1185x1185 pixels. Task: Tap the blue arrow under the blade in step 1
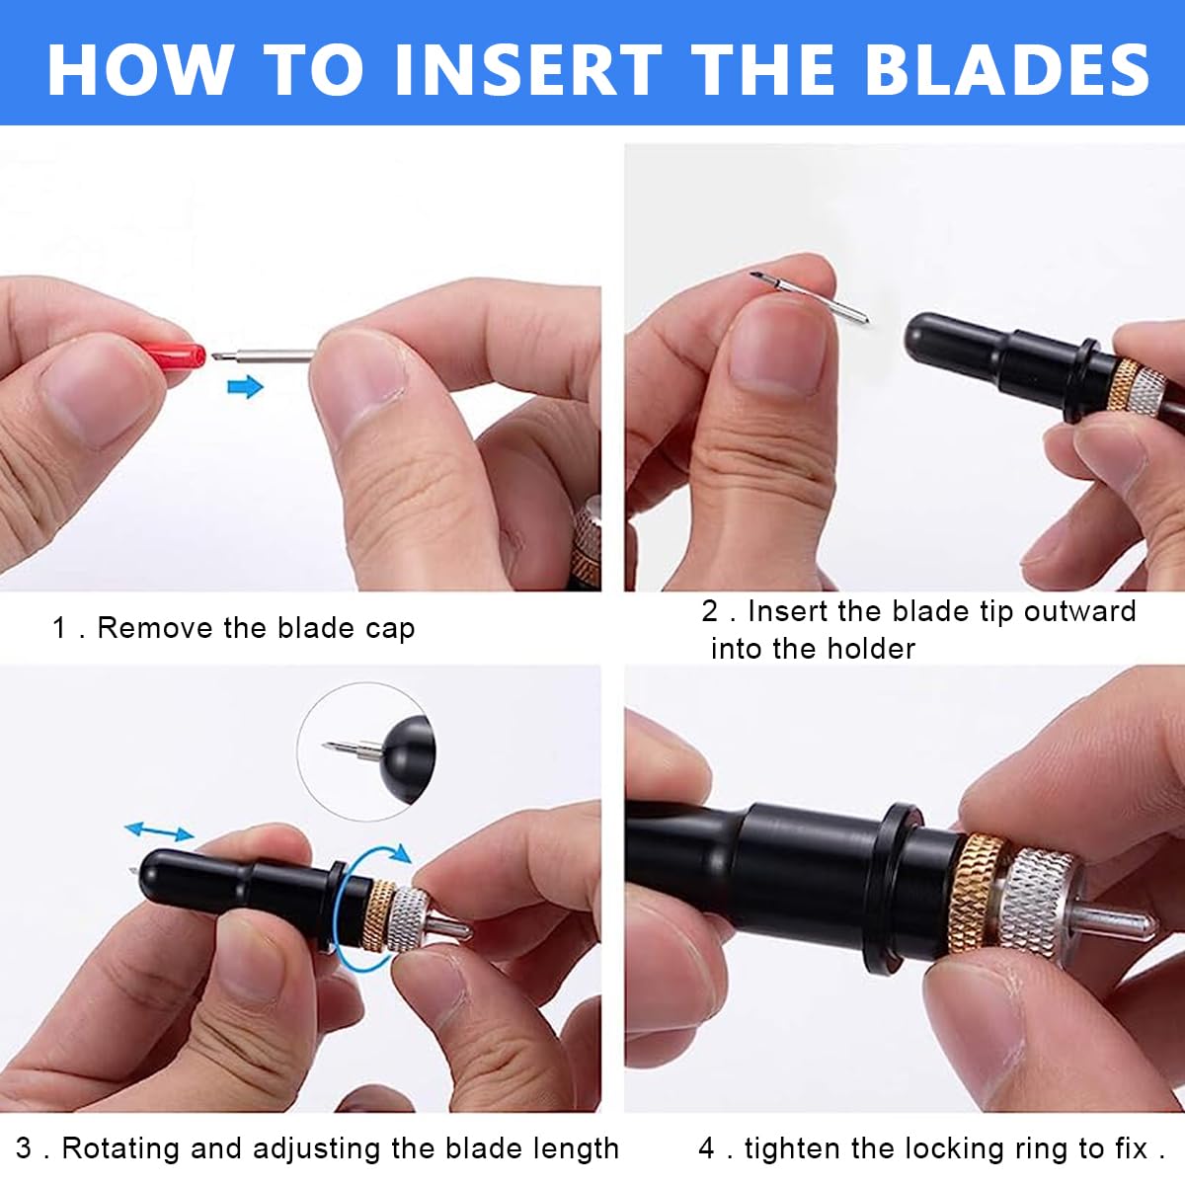tap(245, 387)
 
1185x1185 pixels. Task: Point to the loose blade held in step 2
tap(810, 296)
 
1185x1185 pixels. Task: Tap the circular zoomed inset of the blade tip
tap(366, 750)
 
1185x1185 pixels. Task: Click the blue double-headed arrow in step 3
tap(159, 831)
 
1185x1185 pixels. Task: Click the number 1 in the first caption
tap(59, 628)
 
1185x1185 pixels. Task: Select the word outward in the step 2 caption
tap(1079, 611)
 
